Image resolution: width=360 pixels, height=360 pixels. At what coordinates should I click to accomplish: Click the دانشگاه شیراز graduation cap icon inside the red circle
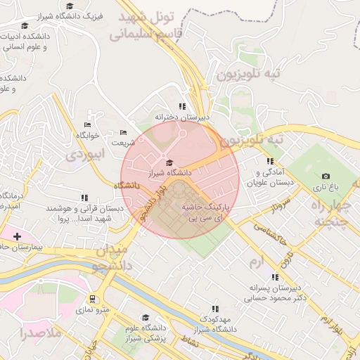[168, 162]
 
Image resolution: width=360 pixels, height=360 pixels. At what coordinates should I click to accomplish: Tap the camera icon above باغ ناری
[326, 176]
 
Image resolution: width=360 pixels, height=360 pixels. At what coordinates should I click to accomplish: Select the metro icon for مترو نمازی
[94, 298]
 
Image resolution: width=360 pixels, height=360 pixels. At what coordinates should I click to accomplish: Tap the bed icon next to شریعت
[123, 132]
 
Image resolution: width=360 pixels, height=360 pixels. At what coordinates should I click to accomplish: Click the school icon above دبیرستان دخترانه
[182, 107]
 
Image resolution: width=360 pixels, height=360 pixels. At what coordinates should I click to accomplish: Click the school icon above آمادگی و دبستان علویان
[270, 161]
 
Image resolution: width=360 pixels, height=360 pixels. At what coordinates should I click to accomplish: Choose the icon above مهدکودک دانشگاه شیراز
[215, 309]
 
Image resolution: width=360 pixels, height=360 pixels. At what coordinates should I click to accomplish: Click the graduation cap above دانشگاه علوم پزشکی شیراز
[146, 317]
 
